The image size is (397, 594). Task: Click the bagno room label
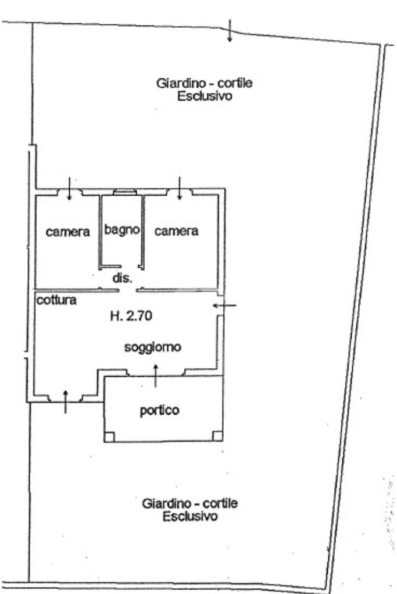click(x=122, y=229)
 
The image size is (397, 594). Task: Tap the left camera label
click(x=68, y=232)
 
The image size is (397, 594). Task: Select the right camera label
click(x=176, y=231)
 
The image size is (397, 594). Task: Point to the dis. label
click(x=122, y=278)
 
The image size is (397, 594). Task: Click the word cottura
click(x=56, y=300)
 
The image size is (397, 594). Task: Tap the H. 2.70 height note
click(x=131, y=315)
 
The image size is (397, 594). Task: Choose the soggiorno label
click(x=153, y=347)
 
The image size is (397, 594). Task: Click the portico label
click(x=160, y=411)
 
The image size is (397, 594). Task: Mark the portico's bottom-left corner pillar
click(x=109, y=437)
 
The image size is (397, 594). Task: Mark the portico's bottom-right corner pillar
click(x=217, y=436)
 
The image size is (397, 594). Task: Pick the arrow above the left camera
click(x=69, y=188)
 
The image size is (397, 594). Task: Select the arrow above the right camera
click(x=180, y=188)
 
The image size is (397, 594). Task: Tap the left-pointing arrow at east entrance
click(x=224, y=305)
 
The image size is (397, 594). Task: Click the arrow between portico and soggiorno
click(x=155, y=376)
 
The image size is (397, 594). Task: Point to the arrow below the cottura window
click(x=65, y=402)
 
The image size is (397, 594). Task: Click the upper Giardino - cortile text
click(x=205, y=83)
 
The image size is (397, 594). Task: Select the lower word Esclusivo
click(x=190, y=516)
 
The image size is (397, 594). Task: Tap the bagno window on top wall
click(x=125, y=192)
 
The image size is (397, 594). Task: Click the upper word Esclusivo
click(x=205, y=96)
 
